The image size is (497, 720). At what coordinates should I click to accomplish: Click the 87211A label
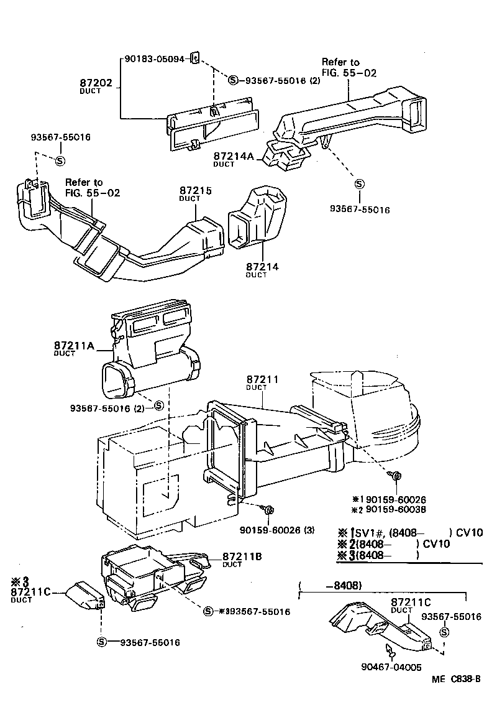tap(73, 345)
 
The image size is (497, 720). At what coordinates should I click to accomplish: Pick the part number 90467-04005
tap(391, 667)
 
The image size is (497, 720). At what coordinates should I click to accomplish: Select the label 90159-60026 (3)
tap(277, 530)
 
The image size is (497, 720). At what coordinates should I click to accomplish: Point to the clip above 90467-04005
tap(391, 650)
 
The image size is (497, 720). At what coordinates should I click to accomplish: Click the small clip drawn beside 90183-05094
tap(194, 58)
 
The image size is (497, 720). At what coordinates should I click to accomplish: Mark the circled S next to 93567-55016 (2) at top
tap(233, 80)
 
